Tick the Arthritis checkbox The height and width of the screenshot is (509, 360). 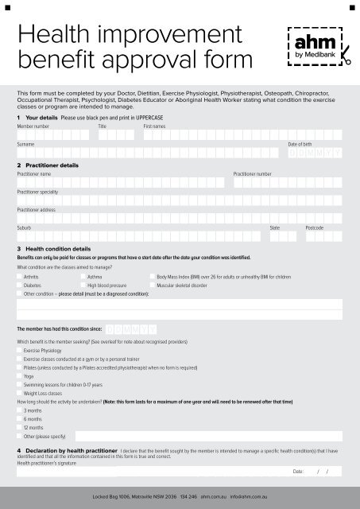(20, 277)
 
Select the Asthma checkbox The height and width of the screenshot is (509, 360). (83, 277)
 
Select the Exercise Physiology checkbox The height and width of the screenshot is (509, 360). (20, 350)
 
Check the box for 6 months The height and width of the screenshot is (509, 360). (20, 419)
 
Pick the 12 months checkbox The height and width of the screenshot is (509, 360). (20, 428)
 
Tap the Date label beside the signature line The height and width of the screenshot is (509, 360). (298, 472)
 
